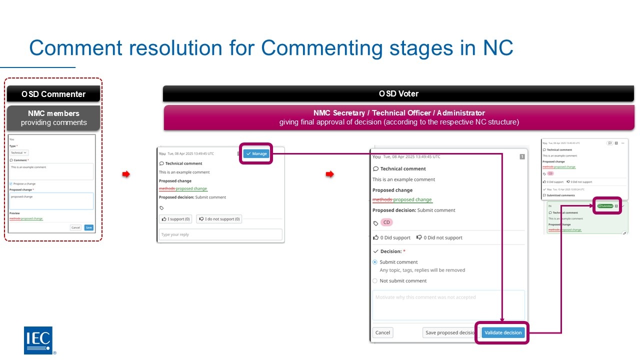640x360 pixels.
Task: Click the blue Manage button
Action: point(257,153)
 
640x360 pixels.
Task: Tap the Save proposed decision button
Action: point(449,332)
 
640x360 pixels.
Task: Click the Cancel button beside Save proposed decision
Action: point(382,332)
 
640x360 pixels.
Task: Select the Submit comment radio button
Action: point(375,262)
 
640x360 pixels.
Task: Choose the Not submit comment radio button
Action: point(375,281)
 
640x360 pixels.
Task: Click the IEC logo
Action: point(38,340)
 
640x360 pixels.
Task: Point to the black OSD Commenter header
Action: point(53,94)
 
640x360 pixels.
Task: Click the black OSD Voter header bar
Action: point(398,93)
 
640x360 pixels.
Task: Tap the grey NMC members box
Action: point(53,118)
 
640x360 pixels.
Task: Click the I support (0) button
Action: point(176,219)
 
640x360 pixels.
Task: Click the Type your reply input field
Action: point(220,234)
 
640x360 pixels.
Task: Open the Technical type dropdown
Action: point(19,152)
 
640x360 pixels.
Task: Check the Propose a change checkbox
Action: point(11,183)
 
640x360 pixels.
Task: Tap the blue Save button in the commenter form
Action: point(88,227)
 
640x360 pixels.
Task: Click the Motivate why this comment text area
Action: point(448,304)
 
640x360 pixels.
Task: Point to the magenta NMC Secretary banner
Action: point(399,117)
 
